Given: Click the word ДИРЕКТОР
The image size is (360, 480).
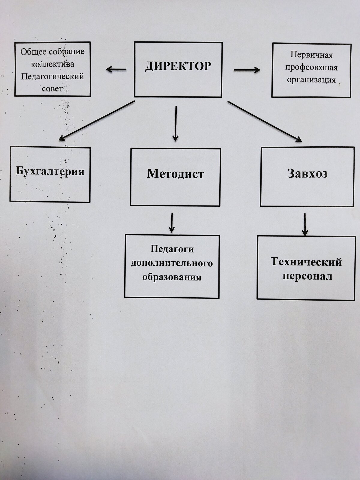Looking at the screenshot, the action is (x=178, y=66).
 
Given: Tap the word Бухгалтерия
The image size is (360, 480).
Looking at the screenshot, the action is (x=50, y=171).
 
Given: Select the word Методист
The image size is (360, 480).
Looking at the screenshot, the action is (x=175, y=174).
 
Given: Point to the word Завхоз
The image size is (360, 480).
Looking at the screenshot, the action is (x=307, y=173).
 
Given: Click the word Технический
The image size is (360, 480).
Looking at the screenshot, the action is (x=306, y=262).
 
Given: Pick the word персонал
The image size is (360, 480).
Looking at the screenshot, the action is (x=307, y=276).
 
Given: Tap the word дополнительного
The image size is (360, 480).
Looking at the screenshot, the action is (x=172, y=263).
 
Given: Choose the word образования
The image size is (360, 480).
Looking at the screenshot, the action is (x=172, y=277).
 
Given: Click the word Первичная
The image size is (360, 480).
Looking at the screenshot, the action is (x=311, y=55).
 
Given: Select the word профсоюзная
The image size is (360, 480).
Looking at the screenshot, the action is (x=311, y=68).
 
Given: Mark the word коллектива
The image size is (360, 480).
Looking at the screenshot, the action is (x=52, y=64).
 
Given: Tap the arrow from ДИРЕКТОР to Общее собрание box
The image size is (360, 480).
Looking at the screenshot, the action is (x=116, y=70).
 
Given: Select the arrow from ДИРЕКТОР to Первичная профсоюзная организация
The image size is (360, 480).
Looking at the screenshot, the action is (x=247, y=70).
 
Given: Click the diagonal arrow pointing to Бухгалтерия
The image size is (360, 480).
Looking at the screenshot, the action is (x=97, y=121).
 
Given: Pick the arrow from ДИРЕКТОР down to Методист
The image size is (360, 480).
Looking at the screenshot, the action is (x=175, y=124).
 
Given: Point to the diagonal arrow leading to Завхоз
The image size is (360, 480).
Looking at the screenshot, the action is (x=265, y=121).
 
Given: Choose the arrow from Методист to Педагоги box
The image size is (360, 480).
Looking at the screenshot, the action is (x=172, y=223).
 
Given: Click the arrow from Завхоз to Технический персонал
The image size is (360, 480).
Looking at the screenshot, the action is (x=305, y=225).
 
